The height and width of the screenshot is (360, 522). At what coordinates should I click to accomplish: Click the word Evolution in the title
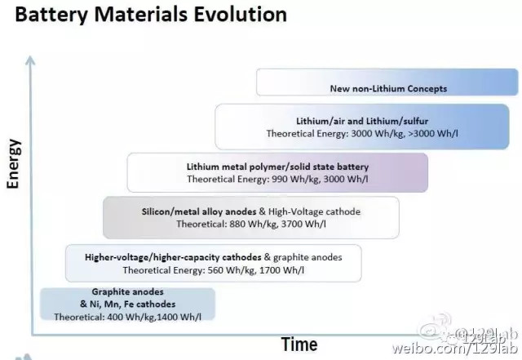(x=240, y=15)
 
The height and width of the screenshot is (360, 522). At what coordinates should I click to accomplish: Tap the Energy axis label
(x=14, y=163)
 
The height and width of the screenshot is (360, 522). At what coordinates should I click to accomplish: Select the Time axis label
(x=299, y=344)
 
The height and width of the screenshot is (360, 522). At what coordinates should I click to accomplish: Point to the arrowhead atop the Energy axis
(x=30, y=60)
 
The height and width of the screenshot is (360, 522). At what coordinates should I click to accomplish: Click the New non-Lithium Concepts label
(x=388, y=89)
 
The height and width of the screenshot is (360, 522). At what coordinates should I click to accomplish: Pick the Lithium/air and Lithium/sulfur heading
(x=362, y=121)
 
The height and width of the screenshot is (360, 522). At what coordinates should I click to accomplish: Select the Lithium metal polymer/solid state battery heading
(x=277, y=167)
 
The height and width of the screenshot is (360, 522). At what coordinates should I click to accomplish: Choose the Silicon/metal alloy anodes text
(x=199, y=212)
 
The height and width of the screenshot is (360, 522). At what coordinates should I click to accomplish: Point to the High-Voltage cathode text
(x=314, y=212)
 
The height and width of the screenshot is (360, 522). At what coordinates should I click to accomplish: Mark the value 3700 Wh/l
(x=303, y=224)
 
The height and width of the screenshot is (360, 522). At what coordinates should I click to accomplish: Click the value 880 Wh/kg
(x=253, y=224)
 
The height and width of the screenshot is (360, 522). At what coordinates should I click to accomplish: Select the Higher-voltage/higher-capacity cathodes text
(x=173, y=258)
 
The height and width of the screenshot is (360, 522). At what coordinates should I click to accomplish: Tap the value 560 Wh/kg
(x=232, y=270)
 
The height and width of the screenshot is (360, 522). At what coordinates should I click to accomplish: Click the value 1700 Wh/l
(x=281, y=270)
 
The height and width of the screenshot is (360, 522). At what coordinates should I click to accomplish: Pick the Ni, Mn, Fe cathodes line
(x=127, y=304)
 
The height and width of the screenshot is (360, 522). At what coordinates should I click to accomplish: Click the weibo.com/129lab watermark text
(x=455, y=349)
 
